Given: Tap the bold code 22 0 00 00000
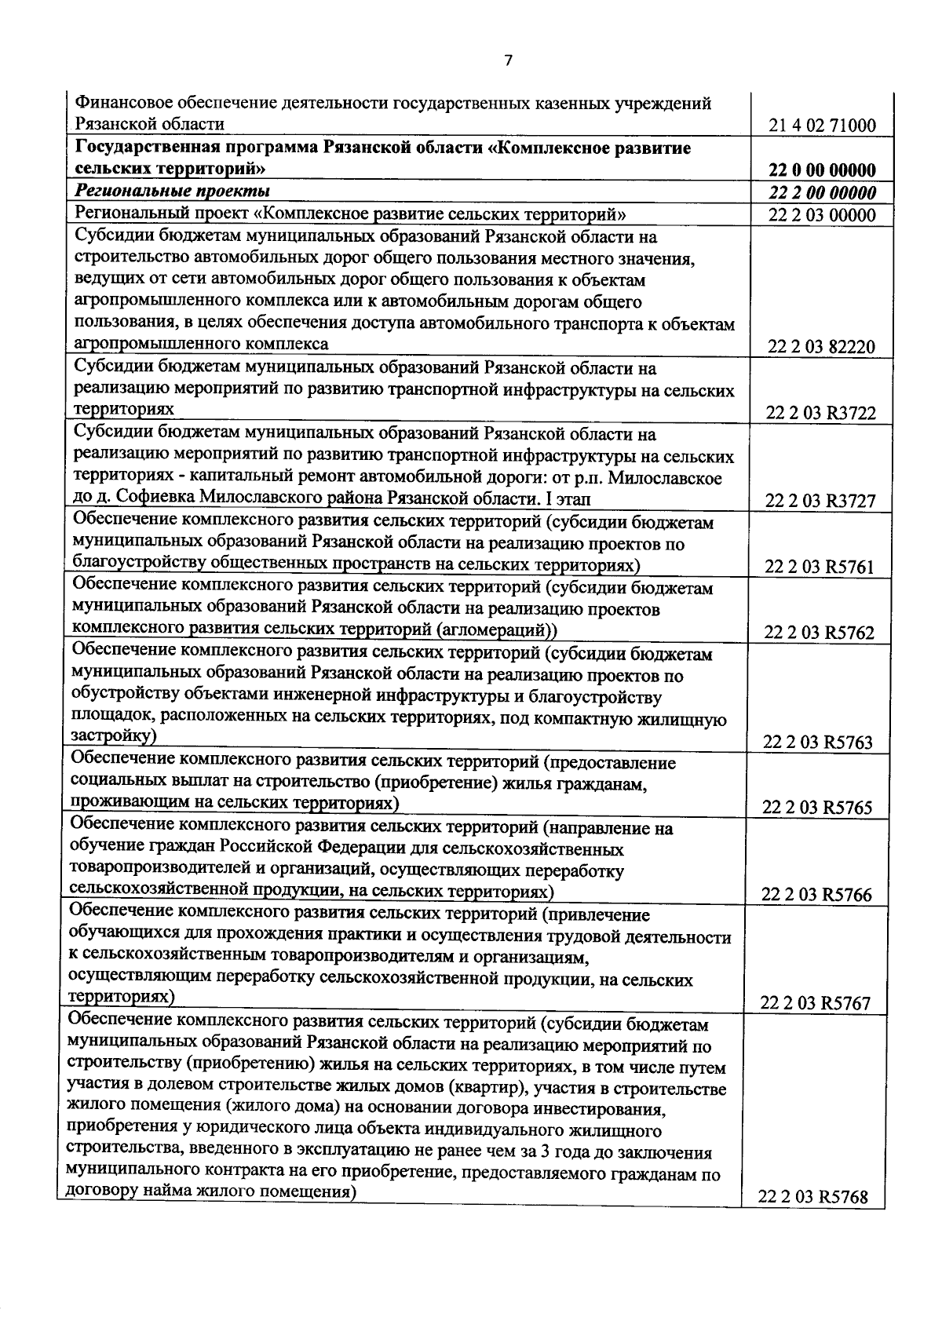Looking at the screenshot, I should click(823, 170).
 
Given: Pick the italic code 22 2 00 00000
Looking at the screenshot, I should click(823, 193).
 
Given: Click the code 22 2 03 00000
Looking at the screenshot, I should click(823, 216).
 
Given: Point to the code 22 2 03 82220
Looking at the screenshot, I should click(822, 348).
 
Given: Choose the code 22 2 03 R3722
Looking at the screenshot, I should click(821, 414).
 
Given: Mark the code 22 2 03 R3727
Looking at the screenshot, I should click(821, 502).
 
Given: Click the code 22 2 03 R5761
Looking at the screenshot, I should click(820, 567).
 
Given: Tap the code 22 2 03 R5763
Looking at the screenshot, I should click(818, 743).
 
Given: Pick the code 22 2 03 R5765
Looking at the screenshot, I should click(817, 808).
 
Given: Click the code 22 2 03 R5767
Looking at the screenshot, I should click(816, 1004).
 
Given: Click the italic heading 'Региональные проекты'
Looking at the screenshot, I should click(173, 192).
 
